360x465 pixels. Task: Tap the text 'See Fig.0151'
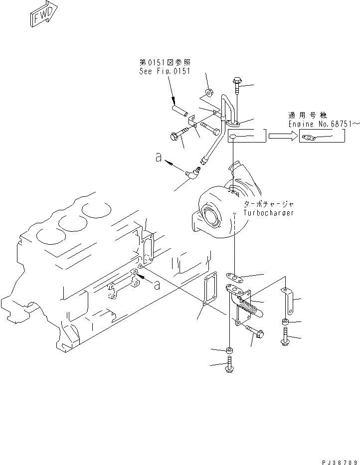click(x=165, y=72)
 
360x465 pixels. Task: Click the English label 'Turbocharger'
click(x=269, y=213)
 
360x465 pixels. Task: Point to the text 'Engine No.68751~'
click(x=324, y=124)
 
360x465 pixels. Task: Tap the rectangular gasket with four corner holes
click(x=210, y=289)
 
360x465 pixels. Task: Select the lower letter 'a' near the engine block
click(x=158, y=285)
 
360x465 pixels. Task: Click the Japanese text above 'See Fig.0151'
click(x=165, y=62)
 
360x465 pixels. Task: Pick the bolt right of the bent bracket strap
click(x=285, y=335)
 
